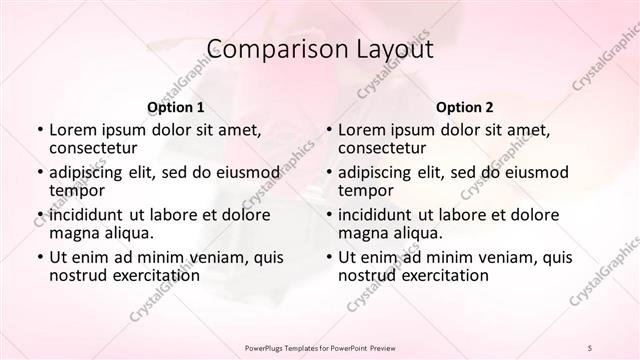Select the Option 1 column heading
tap(176, 106)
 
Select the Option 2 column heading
tap(465, 106)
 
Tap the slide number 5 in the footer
tap(591, 348)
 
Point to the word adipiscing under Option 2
tap(380, 171)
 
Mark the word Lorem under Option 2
tap(362, 129)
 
